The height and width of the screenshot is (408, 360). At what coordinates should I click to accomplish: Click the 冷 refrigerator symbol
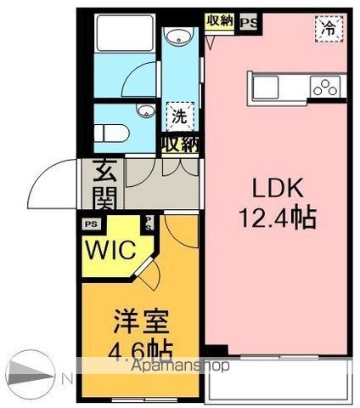[328, 27]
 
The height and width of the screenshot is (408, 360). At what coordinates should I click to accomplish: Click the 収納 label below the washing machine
[179, 144]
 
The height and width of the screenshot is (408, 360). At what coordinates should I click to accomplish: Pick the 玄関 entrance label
[105, 186]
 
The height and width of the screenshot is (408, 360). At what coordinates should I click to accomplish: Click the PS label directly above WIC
[91, 224]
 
